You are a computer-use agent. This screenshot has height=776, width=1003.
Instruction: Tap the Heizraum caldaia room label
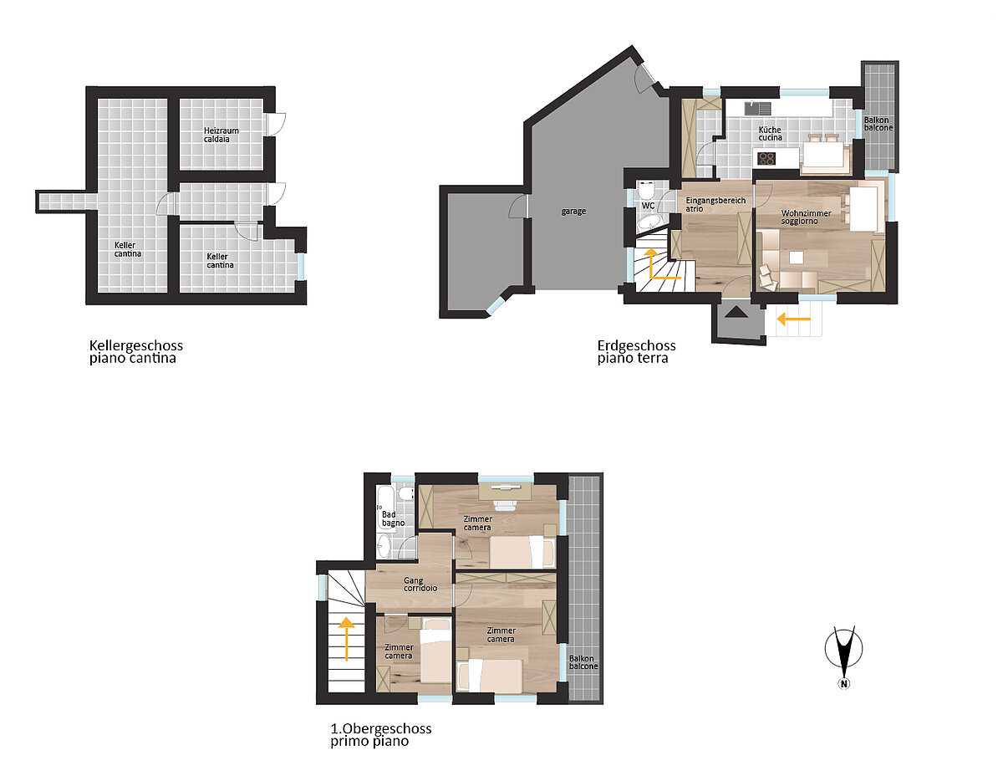[221, 135]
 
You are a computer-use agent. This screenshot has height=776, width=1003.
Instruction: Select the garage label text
[573, 212]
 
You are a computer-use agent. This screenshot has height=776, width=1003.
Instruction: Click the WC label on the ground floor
[648, 206]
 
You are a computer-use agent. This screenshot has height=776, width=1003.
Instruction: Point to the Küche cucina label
[770, 134]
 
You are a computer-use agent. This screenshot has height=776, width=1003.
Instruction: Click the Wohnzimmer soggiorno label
[806, 217]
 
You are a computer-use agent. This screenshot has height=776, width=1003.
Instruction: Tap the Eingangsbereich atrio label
[715, 205]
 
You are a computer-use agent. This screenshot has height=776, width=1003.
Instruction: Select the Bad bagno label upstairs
[393, 518]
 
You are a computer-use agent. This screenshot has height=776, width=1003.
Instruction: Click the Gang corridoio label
[420, 584]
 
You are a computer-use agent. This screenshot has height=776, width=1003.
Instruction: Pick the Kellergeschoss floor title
[136, 352]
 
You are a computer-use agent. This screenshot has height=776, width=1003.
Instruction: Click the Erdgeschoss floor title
[637, 352]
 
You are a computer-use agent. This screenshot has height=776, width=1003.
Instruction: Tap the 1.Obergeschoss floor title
[381, 735]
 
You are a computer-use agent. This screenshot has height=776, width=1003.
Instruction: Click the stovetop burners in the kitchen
[766, 159]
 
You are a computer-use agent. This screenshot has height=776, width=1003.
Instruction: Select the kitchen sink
[757, 109]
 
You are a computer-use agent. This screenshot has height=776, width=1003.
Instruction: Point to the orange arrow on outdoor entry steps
[793, 319]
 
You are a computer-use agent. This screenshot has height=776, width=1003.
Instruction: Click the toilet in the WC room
[646, 190]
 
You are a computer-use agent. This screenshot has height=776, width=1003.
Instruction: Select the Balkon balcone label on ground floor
[878, 124]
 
